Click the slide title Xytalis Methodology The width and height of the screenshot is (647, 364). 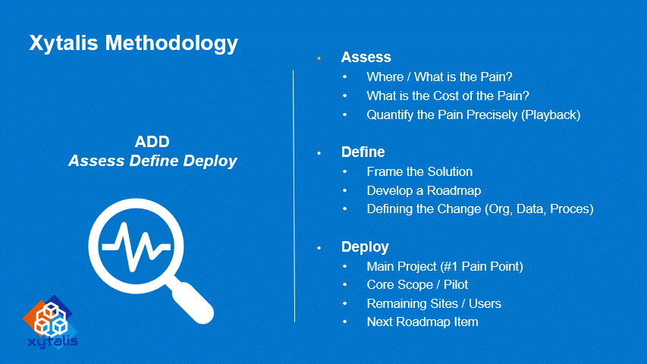pos(133,44)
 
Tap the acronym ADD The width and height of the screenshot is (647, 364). pos(152,142)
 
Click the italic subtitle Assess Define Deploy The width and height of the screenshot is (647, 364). pos(152,161)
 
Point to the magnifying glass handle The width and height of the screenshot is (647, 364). pos(191,301)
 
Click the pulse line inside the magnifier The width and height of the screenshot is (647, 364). pos(137,246)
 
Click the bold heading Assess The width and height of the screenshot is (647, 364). pos(366,58)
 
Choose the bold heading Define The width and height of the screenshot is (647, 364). pos(363,152)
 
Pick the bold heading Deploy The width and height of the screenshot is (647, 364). pos(365,247)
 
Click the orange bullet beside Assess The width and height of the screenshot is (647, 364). pos(319,58)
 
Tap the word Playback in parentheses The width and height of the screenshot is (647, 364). pos(551,115)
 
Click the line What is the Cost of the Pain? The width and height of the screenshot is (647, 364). pos(448,96)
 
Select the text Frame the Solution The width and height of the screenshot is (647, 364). pos(419,171)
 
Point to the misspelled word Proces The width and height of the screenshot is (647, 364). pos(570,209)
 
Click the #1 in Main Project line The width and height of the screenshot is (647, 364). pos(450,267)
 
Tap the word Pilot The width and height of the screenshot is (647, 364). pos(456,285)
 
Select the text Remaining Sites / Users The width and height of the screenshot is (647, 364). pos(434,304)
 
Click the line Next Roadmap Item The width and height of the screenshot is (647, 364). pos(422,322)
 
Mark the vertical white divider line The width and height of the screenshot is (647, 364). pos(294,196)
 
